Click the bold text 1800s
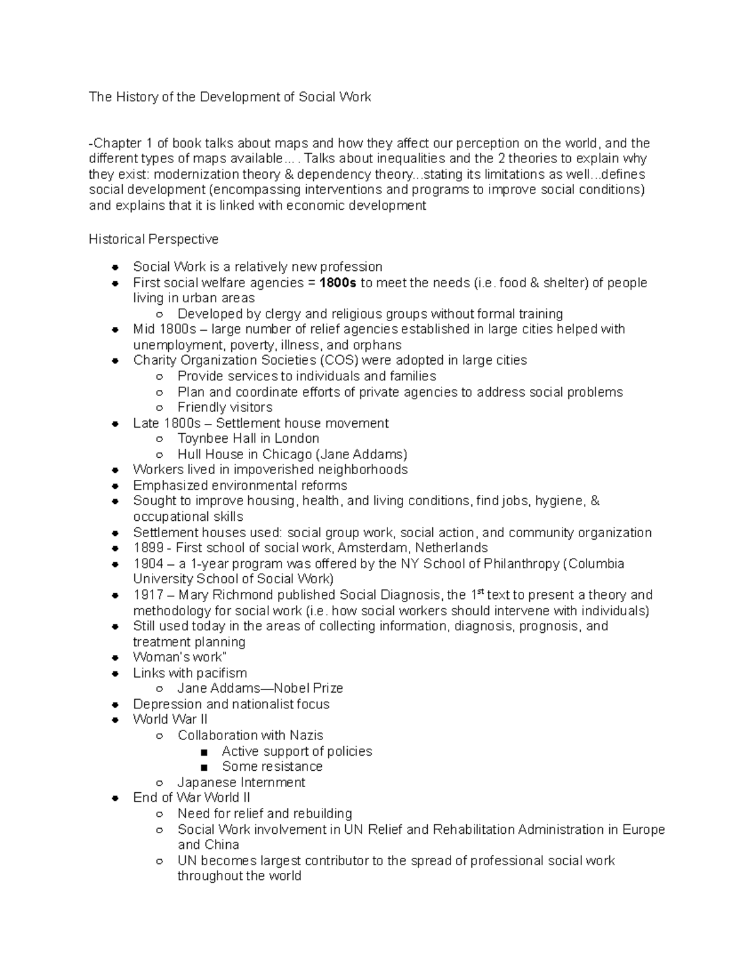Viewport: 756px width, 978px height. pyautogui.click(x=338, y=283)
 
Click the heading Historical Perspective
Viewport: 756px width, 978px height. pyautogui.click(x=154, y=239)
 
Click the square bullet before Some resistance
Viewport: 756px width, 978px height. pyautogui.click(x=203, y=767)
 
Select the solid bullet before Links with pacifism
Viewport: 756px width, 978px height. pyautogui.click(x=115, y=673)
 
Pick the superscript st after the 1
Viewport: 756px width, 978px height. pyautogui.click(x=481, y=592)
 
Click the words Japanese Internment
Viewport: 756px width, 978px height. pyautogui.click(x=241, y=782)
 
